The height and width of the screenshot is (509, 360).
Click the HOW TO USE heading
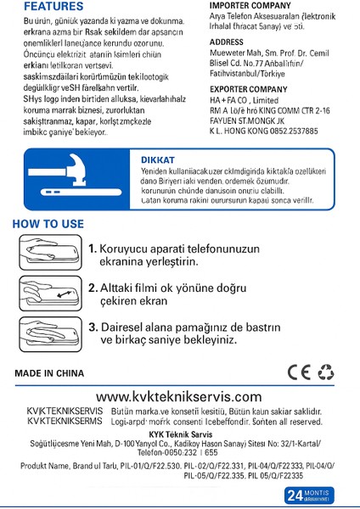tap(48, 224)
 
